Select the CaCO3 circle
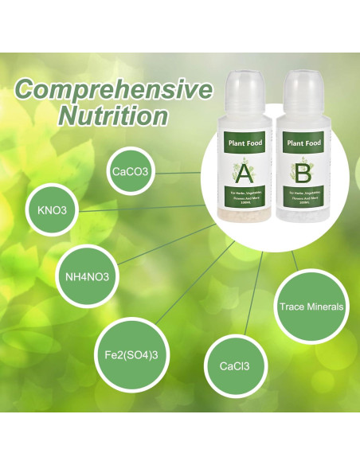tap(131, 170)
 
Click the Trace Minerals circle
tap(311, 307)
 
